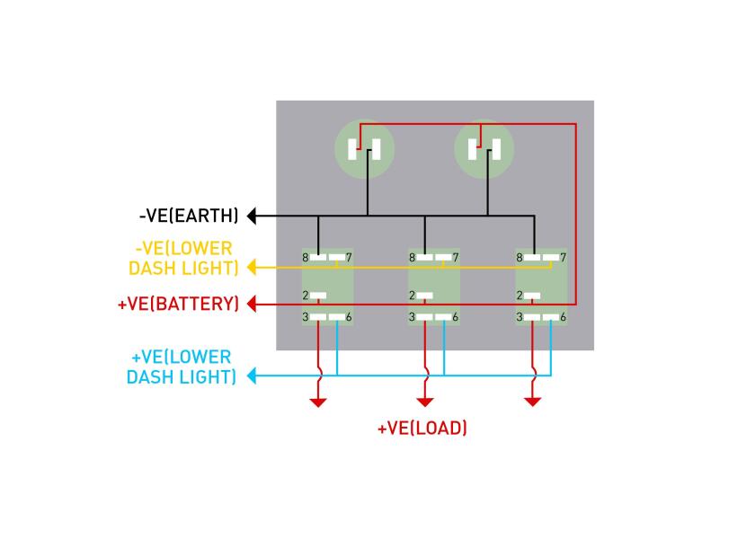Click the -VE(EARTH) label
[189, 216]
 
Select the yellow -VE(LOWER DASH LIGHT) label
[184, 258]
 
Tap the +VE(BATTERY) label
[179, 304]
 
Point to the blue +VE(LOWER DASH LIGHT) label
[181, 367]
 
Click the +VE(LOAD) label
[422, 429]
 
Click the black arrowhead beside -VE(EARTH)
[253, 216]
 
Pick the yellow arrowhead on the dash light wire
[253, 267]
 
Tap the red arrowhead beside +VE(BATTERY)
[253, 304]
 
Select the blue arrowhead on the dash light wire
[253, 376]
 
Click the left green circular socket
[364, 149]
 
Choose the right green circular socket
[484, 149]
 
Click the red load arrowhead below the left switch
[318, 401]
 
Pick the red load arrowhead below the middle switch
[425, 401]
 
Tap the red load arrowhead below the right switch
[532, 401]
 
